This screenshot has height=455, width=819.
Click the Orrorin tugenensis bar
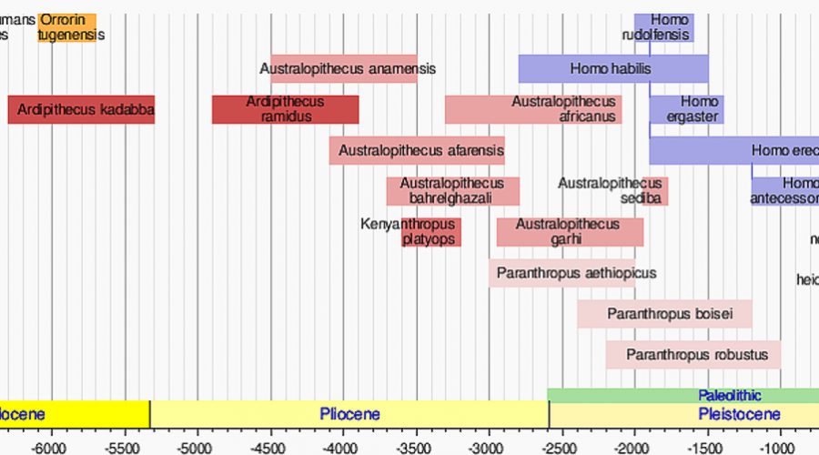[x=66, y=27]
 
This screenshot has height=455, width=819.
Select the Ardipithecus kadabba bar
[x=81, y=110]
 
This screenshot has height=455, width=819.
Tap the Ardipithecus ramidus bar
[x=285, y=109]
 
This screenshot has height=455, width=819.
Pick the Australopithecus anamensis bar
[x=344, y=68]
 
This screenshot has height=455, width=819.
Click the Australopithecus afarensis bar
[x=417, y=150]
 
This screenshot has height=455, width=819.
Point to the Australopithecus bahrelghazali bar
[x=452, y=191]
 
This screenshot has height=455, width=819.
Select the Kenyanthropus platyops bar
[x=431, y=232]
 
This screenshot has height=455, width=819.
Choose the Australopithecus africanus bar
[x=533, y=109]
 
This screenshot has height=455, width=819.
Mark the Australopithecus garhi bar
[x=570, y=232]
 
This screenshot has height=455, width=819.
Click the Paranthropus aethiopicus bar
[x=561, y=273]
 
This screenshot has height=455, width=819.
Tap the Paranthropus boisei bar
[x=664, y=314]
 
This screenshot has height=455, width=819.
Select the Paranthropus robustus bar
[x=693, y=355]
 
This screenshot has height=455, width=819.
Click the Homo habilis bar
[x=613, y=68]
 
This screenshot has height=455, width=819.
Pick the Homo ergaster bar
[x=686, y=109]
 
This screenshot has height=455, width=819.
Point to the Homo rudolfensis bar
[x=664, y=27]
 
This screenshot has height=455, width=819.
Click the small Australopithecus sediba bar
[x=655, y=191]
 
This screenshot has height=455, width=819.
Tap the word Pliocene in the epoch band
[x=349, y=415]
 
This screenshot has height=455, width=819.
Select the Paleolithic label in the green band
[x=730, y=396]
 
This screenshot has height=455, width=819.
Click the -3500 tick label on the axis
[x=416, y=448]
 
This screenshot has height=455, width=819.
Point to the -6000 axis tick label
[x=51, y=448]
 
